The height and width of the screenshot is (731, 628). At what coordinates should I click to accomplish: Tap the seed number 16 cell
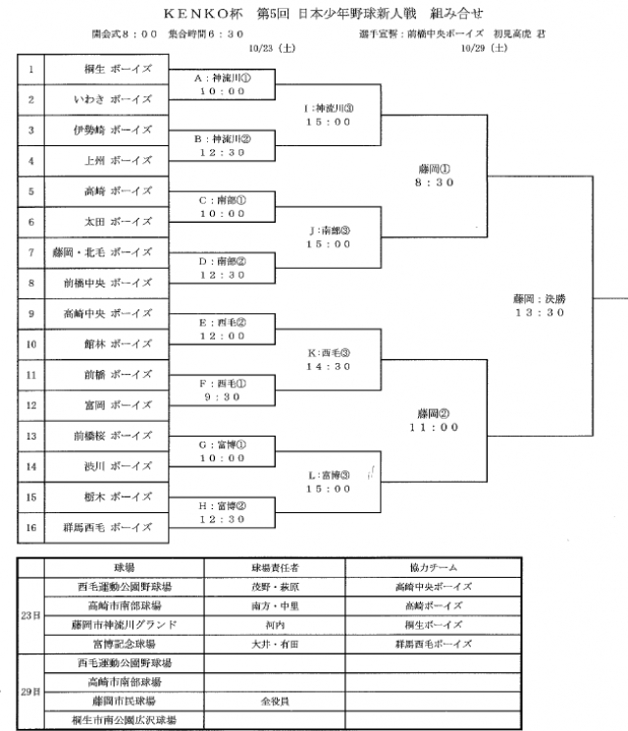tap(30, 527)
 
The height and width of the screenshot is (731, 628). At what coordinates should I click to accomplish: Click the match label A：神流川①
tap(222, 78)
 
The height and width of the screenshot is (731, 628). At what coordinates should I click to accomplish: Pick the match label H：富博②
tap(222, 505)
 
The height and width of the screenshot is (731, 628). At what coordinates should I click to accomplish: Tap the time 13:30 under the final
tap(540, 312)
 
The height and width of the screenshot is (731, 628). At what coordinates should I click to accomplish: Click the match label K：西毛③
tap(328, 352)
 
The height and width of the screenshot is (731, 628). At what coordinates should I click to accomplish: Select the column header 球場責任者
tap(274, 568)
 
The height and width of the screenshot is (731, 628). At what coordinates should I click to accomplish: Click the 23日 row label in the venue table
tap(30, 615)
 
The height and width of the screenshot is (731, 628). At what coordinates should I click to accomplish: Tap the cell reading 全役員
tap(274, 702)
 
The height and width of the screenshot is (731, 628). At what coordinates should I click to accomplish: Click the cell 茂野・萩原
tap(274, 587)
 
